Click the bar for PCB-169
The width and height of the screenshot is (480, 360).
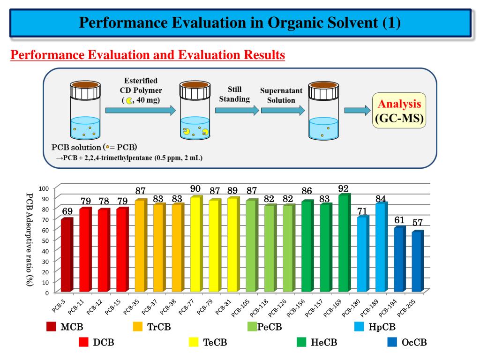[344, 244]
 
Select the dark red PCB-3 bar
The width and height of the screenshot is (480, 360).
[67, 255]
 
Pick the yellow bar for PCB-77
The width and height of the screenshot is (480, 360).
[196, 245]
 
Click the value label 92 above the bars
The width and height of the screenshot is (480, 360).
[344, 189]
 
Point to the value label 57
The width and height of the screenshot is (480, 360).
[418, 223]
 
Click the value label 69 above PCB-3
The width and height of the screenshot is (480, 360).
[67, 211]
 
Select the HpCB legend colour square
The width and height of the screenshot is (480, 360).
[359, 327]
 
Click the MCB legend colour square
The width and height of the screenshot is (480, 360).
[51, 327]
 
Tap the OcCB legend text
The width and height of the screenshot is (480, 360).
[414, 343]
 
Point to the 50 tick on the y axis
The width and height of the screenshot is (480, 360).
[45, 240]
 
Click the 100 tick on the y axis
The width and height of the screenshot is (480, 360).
[44, 188]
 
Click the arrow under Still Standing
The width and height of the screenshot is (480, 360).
[237, 111]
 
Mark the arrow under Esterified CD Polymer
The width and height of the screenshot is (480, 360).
[141, 111]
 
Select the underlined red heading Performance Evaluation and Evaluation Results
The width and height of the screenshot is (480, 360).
[148, 55]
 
